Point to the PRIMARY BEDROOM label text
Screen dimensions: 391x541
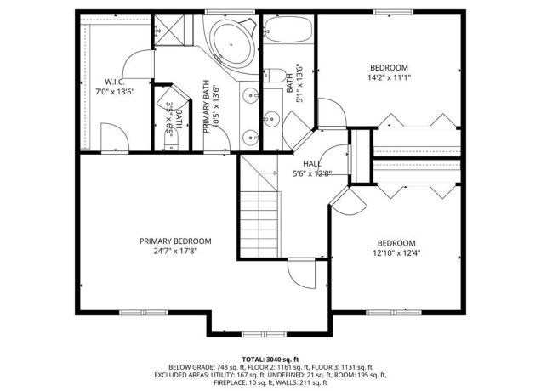(x=175, y=241)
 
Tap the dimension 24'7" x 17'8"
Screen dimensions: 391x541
(x=175, y=252)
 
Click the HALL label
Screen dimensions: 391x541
(x=311, y=164)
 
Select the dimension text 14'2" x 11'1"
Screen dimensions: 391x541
(x=389, y=78)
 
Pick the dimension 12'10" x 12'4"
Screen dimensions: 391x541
(x=396, y=252)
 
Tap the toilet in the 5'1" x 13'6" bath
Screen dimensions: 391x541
(x=275, y=76)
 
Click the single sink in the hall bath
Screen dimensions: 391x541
(x=273, y=117)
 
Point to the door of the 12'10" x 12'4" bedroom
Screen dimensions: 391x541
(x=345, y=199)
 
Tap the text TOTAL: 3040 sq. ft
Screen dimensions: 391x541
(x=270, y=360)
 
